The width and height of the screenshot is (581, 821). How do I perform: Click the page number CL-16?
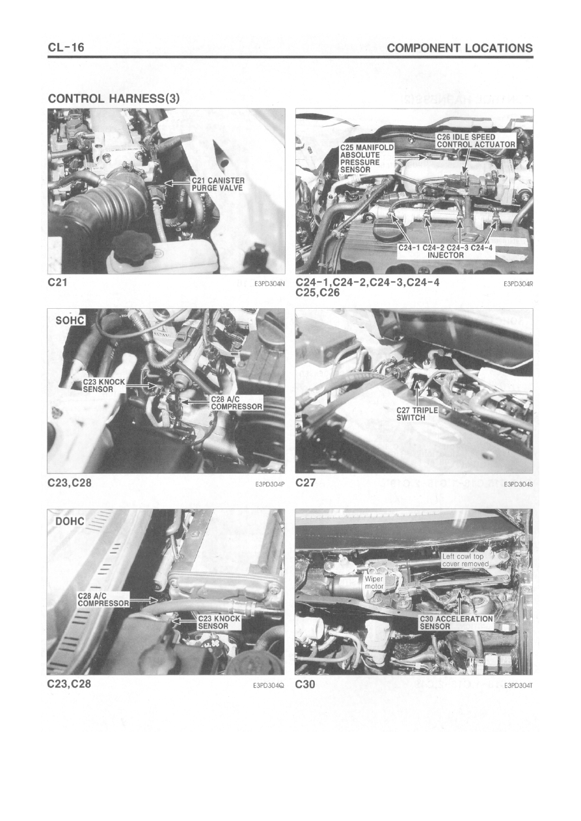click(66, 47)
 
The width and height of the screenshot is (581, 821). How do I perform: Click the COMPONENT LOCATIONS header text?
click(459, 48)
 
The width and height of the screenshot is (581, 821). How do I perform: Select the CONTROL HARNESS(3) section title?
click(114, 99)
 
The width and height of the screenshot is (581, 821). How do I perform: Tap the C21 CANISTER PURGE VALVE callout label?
click(217, 184)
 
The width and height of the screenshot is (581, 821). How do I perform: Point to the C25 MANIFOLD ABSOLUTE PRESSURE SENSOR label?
click(366, 159)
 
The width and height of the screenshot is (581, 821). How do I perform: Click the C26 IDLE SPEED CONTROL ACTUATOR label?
click(476, 141)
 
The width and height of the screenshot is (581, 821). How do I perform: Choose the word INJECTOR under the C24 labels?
click(445, 255)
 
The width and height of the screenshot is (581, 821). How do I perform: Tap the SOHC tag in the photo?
click(70, 320)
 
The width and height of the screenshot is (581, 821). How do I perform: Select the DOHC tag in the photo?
click(70, 521)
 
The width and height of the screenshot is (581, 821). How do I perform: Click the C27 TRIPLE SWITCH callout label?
click(417, 414)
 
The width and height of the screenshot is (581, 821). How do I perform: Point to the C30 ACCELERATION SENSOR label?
click(456, 622)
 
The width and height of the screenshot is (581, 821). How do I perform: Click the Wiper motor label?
click(373, 582)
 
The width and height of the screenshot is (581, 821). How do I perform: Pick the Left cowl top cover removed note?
click(465, 560)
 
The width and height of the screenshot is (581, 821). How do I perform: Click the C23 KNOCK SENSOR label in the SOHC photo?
click(104, 385)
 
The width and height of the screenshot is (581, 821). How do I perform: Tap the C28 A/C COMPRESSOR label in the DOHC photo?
click(103, 599)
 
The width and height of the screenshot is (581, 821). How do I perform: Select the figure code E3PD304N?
click(269, 283)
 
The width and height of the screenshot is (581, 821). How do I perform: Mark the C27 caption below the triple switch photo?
click(305, 482)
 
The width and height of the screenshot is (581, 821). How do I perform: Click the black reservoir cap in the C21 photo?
click(133, 245)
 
